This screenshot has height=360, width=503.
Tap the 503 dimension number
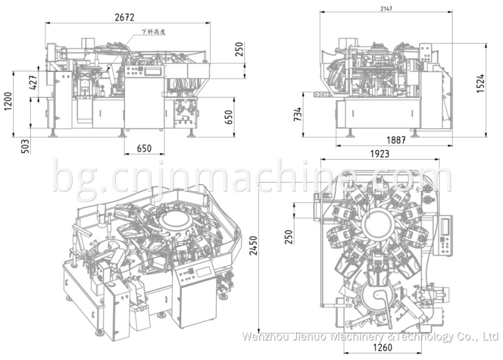point(26,145)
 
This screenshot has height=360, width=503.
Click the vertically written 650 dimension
point(229,117)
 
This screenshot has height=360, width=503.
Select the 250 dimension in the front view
point(239,50)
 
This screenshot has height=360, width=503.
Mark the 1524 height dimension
point(481,82)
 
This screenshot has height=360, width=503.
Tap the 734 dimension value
point(297,115)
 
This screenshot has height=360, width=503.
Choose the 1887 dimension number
point(395,140)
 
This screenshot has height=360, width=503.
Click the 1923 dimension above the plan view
point(379,154)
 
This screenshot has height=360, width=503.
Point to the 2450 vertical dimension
point(252,245)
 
